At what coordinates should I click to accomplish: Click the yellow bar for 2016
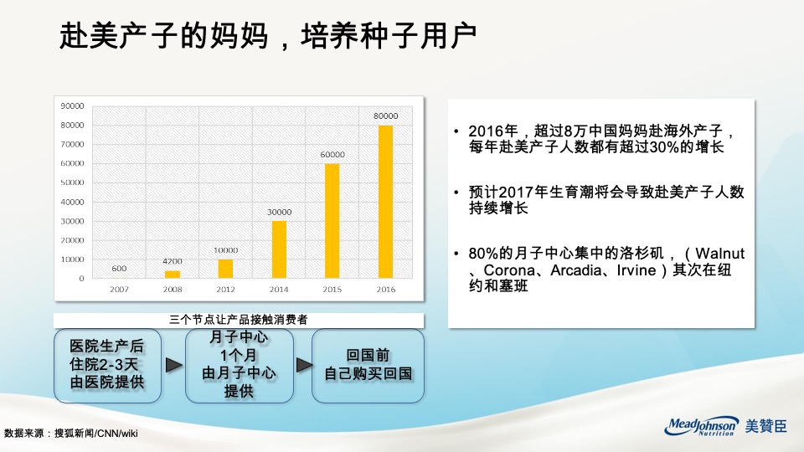pos(385,202)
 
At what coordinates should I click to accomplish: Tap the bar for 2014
pos(279,249)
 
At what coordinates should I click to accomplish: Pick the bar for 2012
pos(225,269)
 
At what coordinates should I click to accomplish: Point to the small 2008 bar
pos(172,274)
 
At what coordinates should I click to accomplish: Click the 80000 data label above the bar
pos(385,116)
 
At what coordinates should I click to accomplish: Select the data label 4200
pos(172,262)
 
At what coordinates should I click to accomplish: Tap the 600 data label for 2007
pos(119,269)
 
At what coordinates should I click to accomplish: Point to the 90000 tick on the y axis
pos(72,106)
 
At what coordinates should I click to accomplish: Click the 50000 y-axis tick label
pos(72,182)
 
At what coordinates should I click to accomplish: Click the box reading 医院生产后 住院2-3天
pos(106,365)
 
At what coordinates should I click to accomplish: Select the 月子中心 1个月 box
pos(240,365)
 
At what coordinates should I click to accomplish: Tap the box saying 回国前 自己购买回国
pos(368,365)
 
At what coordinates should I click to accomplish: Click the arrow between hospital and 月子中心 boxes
pos(173,365)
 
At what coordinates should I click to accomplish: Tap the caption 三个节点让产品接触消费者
pos(238,320)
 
